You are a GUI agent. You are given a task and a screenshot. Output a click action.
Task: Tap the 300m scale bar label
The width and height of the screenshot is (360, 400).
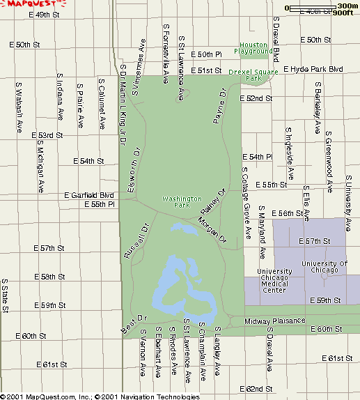point(347,5)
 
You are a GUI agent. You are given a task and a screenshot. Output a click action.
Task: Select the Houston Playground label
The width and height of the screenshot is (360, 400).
point(253,48)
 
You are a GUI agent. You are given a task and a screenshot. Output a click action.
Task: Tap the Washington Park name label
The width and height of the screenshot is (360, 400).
point(182,202)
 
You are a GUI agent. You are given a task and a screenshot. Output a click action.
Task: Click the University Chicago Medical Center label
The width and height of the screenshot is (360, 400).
point(274,281)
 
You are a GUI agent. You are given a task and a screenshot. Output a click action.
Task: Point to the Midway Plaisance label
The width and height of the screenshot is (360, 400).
point(274,321)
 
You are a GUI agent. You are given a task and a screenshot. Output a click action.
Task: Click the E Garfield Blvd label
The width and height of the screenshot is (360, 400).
point(88,195)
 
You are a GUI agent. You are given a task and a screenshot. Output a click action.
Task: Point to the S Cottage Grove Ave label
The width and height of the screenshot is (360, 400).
point(246,193)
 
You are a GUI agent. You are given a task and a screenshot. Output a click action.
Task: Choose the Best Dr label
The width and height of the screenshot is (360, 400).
point(135,323)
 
